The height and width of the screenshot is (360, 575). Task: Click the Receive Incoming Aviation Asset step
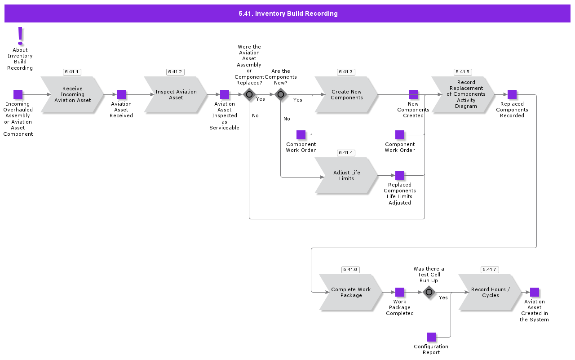[x=72, y=94]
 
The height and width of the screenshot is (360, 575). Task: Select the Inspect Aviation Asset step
[x=176, y=94]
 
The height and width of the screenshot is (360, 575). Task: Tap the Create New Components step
[x=346, y=94]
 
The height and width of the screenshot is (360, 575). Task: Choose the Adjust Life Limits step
[x=346, y=175]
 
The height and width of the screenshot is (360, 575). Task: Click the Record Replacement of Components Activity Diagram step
[x=463, y=94]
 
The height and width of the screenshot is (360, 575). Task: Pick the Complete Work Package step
[x=351, y=292]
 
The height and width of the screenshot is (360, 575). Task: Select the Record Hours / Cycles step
[x=490, y=292]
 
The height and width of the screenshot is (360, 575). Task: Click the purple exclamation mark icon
[x=20, y=36]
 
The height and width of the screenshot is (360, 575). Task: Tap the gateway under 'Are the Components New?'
[x=281, y=94]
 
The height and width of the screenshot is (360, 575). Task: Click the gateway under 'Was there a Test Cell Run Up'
[x=429, y=292]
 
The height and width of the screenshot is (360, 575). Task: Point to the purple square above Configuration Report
[x=431, y=337]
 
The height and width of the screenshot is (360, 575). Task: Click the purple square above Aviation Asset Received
[x=121, y=94]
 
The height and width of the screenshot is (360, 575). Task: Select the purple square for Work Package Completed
[x=400, y=292]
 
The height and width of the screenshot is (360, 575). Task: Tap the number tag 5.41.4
[x=346, y=153]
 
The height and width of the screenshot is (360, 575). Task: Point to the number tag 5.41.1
[x=72, y=72]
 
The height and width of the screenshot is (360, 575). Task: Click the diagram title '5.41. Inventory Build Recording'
[x=288, y=13]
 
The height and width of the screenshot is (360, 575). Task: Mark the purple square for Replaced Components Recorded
[x=512, y=94]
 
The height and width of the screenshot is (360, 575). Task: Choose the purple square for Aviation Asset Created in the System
[x=535, y=292]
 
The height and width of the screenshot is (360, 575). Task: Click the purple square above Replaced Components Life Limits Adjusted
[x=400, y=175]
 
